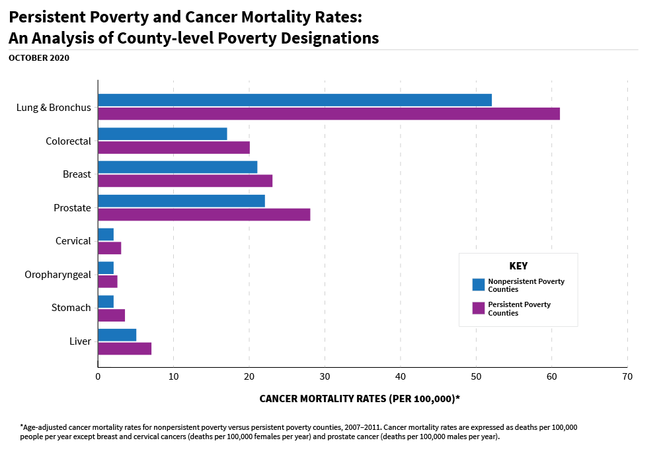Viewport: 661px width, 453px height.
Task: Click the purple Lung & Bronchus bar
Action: [329, 114]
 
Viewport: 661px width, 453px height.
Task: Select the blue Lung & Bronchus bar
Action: [295, 100]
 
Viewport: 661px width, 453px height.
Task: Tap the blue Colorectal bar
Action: [163, 134]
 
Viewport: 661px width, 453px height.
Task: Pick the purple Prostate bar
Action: [204, 215]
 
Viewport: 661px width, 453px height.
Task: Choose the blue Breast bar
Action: [177, 167]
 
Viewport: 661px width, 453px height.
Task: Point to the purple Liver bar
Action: [124, 349]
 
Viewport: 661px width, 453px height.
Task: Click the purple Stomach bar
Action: [111, 315]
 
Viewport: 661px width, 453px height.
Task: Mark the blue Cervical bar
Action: [106, 234]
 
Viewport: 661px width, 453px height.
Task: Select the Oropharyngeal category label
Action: [58, 275]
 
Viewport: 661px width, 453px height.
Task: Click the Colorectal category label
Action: [68, 141]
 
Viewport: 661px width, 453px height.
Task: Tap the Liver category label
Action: [80, 341]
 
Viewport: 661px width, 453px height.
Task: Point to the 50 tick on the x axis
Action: [476, 376]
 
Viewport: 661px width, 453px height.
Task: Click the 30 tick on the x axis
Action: [325, 376]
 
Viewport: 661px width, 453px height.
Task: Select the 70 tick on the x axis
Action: [627, 376]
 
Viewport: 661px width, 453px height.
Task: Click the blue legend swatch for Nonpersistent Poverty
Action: [479, 285]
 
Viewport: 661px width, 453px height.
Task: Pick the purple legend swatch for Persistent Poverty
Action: [479, 308]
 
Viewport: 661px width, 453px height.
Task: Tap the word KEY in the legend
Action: [518, 266]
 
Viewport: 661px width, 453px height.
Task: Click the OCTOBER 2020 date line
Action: [39, 57]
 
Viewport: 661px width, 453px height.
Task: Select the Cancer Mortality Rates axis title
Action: [360, 399]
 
